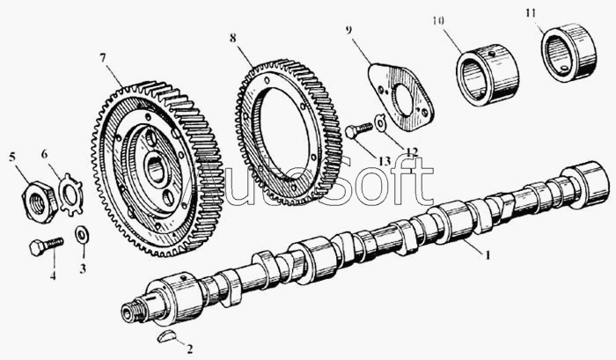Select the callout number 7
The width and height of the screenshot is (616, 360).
pyautogui.click(x=103, y=57)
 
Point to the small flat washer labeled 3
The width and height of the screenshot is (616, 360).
pyautogui.click(x=81, y=235)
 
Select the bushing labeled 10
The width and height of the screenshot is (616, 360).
pyautogui.click(x=487, y=77)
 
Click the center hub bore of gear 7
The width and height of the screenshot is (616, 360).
pyautogui.click(x=157, y=166)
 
